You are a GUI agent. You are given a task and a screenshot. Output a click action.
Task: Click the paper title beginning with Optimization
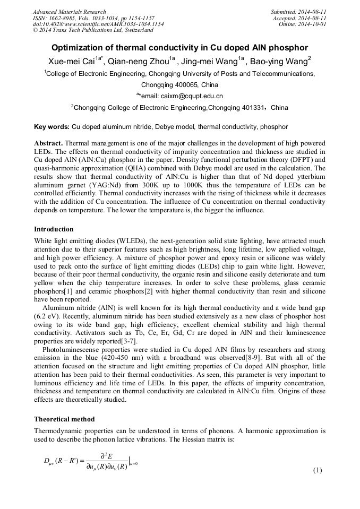click(179, 47)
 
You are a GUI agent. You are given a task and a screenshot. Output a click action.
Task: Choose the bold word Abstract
click(48, 144)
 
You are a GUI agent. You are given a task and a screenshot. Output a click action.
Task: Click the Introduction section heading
click(54, 229)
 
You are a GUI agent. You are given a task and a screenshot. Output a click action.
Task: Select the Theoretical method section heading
click(64, 419)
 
